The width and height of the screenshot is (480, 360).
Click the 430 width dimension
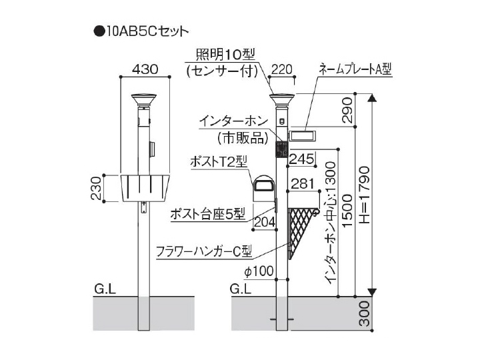click(145, 69)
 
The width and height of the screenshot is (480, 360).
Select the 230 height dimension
click(96, 188)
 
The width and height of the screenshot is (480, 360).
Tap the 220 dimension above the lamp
click(281, 69)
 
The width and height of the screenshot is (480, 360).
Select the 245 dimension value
click(302, 159)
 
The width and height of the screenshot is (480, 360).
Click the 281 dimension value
click(303, 184)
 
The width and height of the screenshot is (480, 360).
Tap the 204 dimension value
click(265, 222)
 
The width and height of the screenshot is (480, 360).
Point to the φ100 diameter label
click(259, 271)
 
